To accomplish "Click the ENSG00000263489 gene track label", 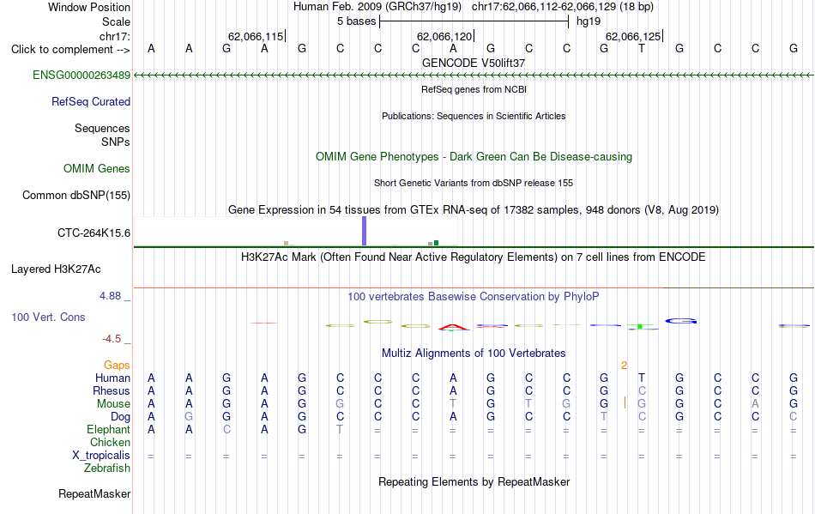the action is (x=81, y=76).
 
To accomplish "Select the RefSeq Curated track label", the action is (x=91, y=102).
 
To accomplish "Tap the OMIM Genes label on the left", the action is (x=97, y=169).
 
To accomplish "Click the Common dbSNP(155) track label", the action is (x=76, y=196).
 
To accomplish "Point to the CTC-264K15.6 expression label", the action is (x=94, y=233).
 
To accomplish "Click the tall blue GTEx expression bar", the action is (x=365, y=231).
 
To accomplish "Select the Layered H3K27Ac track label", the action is (x=56, y=269).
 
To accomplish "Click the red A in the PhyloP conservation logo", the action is (x=453, y=328).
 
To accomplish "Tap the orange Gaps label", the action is (x=117, y=366).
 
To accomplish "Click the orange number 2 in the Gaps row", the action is (x=624, y=366).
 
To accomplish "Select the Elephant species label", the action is (x=109, y=430).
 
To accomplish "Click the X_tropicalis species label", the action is (x=101, y=456).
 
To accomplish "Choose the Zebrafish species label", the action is (x=107, y=469).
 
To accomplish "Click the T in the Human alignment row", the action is (x=642, y=378).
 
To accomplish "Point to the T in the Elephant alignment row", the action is (x=340, y=429).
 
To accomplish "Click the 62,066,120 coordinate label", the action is (x=444, y=36).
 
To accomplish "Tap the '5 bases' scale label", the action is (x=357, y=21).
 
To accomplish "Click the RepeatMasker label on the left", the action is (x=94, y=493).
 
